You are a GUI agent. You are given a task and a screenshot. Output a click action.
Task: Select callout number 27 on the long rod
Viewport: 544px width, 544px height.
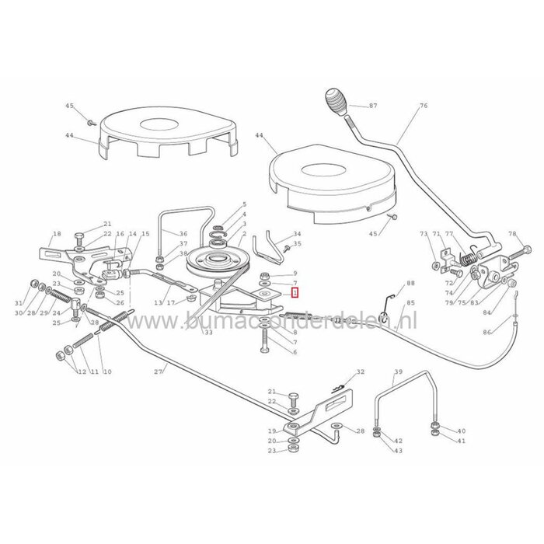(x=159, y=372)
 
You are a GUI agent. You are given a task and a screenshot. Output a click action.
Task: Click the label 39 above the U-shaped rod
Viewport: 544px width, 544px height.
(x=398, y=373)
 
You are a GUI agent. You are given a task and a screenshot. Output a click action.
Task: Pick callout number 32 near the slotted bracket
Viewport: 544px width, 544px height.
(x=360, y=373)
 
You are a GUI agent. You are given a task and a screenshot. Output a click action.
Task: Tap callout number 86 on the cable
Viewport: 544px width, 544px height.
(x=509, y=333)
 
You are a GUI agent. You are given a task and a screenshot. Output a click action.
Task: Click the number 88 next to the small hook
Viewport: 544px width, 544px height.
(x=411, y=284)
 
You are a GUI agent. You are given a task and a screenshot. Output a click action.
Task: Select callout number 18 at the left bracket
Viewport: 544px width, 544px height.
(x=56, y=234)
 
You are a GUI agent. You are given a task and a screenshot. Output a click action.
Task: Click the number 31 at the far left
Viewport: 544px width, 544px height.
(x=19, y=303)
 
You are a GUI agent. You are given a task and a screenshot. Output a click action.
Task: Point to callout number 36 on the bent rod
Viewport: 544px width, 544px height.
(x=183, y=234)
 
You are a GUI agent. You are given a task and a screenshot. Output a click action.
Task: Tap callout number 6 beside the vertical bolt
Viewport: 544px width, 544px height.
(x=295, y=352)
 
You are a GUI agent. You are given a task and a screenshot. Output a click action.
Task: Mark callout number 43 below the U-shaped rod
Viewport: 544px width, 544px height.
(x=398, y=451)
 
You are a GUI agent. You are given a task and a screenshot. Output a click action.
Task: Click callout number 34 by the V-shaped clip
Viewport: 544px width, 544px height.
(x=297, y=234)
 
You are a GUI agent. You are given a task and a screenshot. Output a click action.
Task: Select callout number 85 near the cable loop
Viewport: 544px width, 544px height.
(x=411, y=303)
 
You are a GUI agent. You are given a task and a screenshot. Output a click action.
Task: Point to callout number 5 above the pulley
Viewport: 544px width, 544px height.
(x=244, y=204)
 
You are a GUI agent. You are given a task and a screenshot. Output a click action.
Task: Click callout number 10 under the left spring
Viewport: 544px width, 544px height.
(x=107, y=372)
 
